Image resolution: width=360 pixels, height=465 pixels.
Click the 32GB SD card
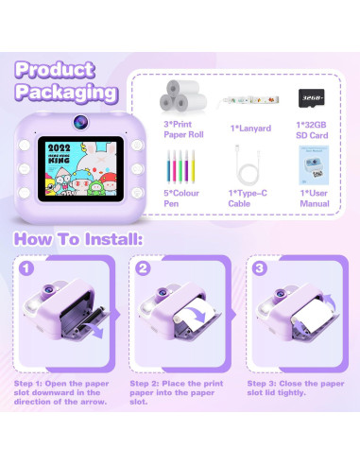coord(311,98)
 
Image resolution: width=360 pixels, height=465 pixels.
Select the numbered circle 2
coord(143,267)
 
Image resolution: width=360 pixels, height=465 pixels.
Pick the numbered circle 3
coord(258,267)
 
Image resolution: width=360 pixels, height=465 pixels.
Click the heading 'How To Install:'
coord(78,240)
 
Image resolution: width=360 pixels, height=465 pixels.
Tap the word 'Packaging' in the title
coord(65,94)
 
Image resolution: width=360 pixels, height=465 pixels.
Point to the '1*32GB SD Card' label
coord(312,132)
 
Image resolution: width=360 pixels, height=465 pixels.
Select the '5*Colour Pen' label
coord(177,198)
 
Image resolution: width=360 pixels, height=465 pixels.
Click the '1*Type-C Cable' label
coord(245,198)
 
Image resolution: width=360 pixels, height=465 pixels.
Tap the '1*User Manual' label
coord(312,198)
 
